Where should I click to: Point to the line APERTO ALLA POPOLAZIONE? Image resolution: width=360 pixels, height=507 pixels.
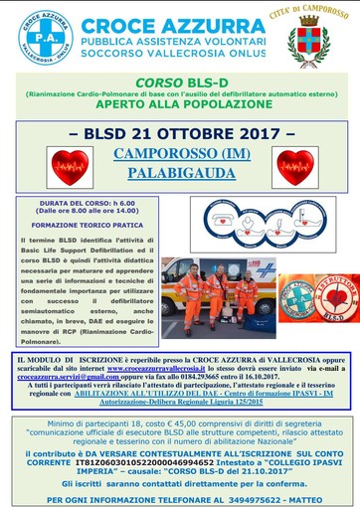[x=179, y=102]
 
